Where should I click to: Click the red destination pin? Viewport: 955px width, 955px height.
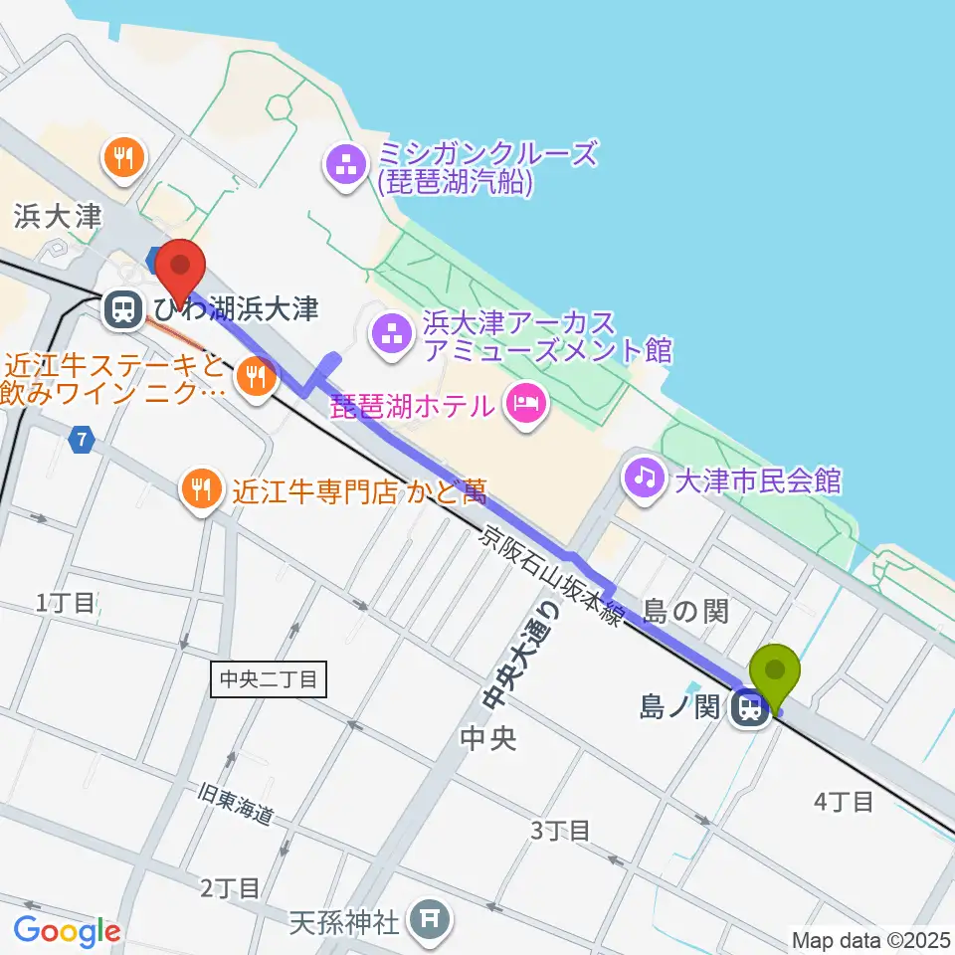click(x=180, y=264)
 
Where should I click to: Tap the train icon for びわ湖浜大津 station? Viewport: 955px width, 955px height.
click(x=123, y=309)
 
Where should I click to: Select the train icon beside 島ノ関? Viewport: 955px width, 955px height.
click(x=751, y=709)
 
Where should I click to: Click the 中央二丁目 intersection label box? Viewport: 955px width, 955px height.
click(x=268, y=680)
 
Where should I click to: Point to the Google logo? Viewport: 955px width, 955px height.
click(x=67, y=932)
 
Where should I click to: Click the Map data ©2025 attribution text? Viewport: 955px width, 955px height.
click(x=870, y=939)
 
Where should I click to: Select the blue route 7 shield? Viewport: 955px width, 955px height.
click(x=82, y=439)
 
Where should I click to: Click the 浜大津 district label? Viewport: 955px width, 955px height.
click(x=59, y=216)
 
